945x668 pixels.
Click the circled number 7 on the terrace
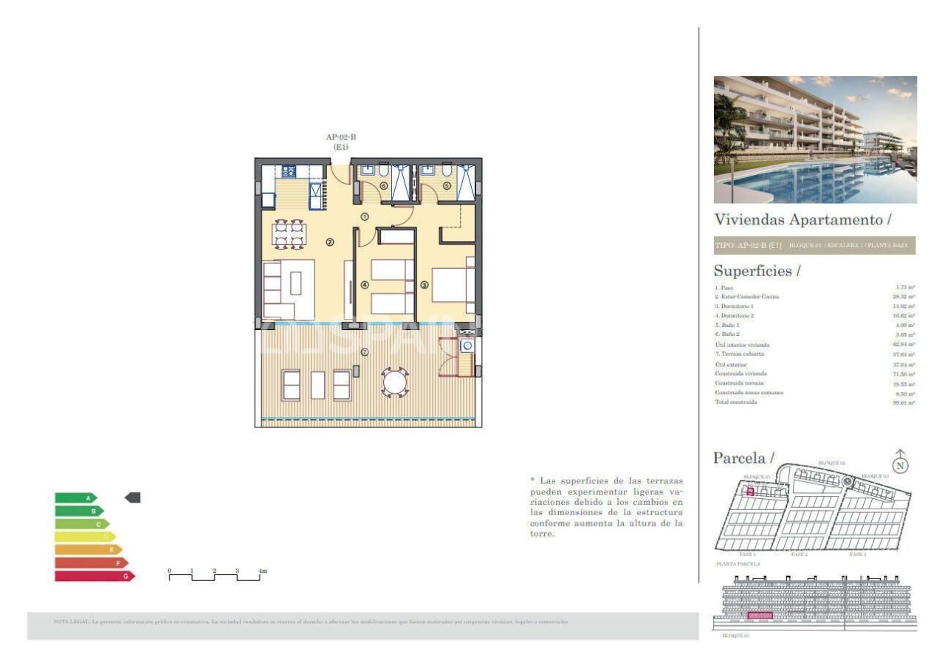pos(364,352)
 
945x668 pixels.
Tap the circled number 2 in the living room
pos(330,241)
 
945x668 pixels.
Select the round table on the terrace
pos(395,382)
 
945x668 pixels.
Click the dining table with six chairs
pos(289,233)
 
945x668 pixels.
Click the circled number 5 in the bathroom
pos(447,185)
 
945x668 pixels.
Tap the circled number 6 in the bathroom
pos(382,185)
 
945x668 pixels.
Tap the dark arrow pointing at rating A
pos(133,498)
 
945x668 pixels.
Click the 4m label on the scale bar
pos(262,571)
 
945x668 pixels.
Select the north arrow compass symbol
pos(900,464)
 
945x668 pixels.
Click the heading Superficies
pos(757,271)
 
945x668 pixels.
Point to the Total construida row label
pos(735,402)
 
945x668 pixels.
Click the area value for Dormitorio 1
pos(904,306)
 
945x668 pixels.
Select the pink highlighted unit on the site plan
pos(749,491)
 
